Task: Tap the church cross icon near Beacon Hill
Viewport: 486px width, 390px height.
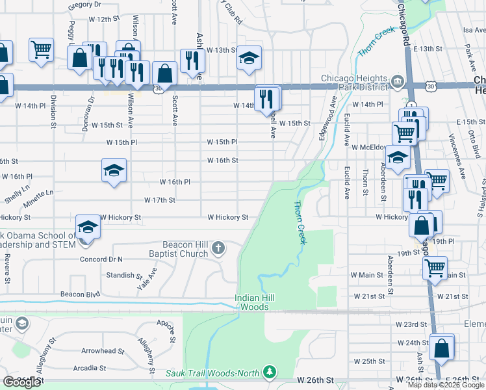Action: [x=218, y=247]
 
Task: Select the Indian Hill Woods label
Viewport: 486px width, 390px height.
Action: [x=251, y=302]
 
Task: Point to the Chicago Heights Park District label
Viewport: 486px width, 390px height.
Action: [x=354, y=83]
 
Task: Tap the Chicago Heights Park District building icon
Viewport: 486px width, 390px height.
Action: [x=396, y=83]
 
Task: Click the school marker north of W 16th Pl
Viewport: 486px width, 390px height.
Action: [x=114, y=171]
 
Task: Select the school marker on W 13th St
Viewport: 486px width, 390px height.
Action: [x=248, y=57]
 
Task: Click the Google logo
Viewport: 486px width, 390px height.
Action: [x=21, y=382]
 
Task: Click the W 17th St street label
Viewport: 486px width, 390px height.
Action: [x=160, y=200]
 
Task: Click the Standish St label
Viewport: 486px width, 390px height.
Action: [x=120, y=276]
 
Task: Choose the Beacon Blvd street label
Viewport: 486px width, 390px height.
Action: [x=80, y=294]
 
